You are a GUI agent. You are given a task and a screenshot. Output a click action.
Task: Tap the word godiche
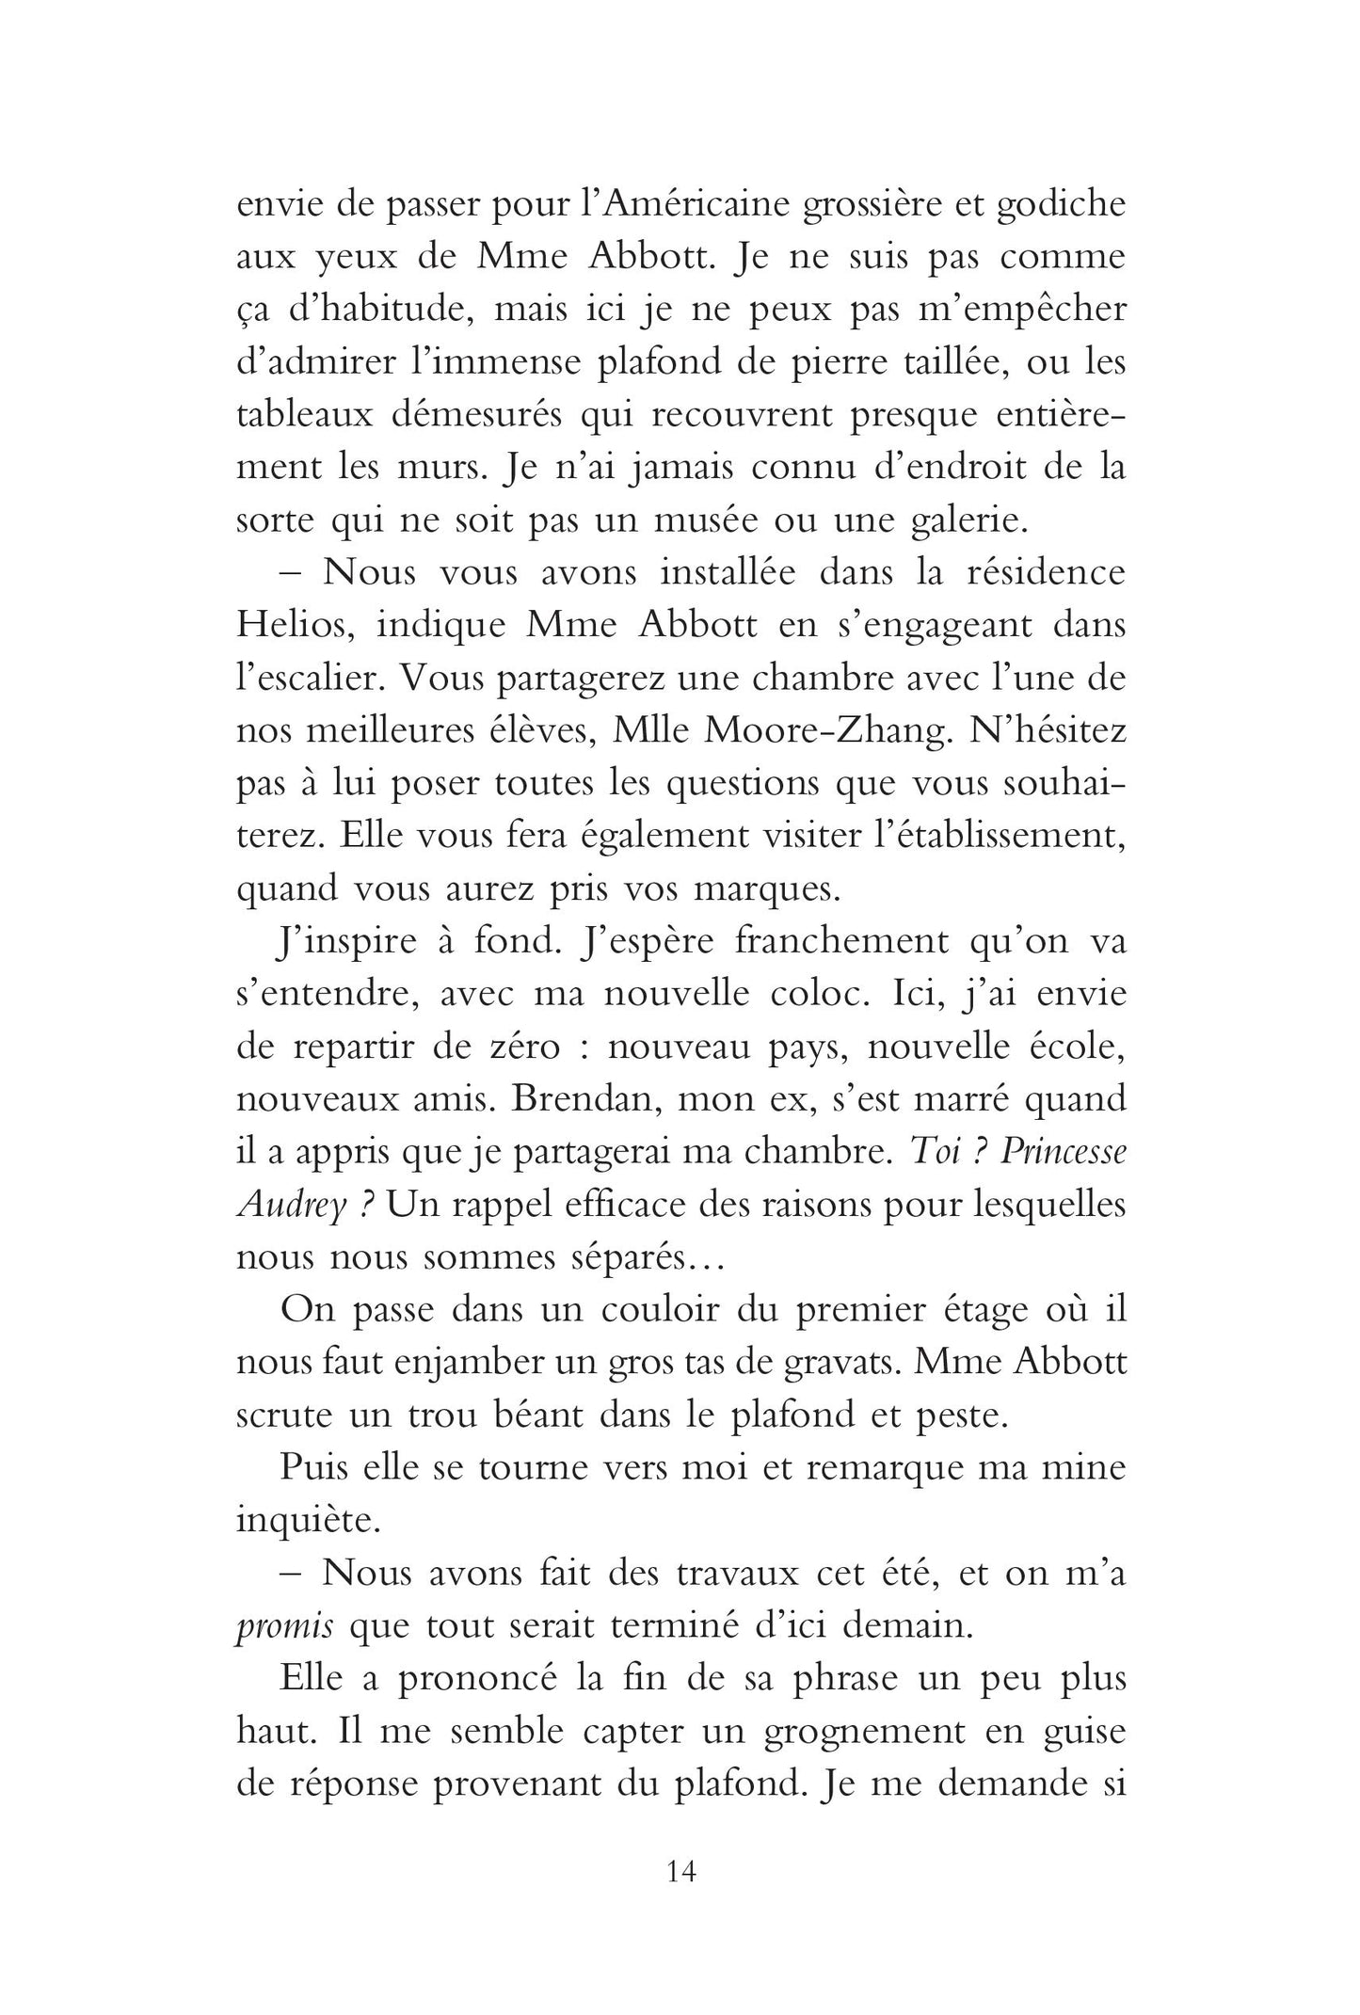click(1061, 206)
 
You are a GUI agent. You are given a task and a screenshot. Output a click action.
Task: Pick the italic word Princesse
click(1062, 1155)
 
